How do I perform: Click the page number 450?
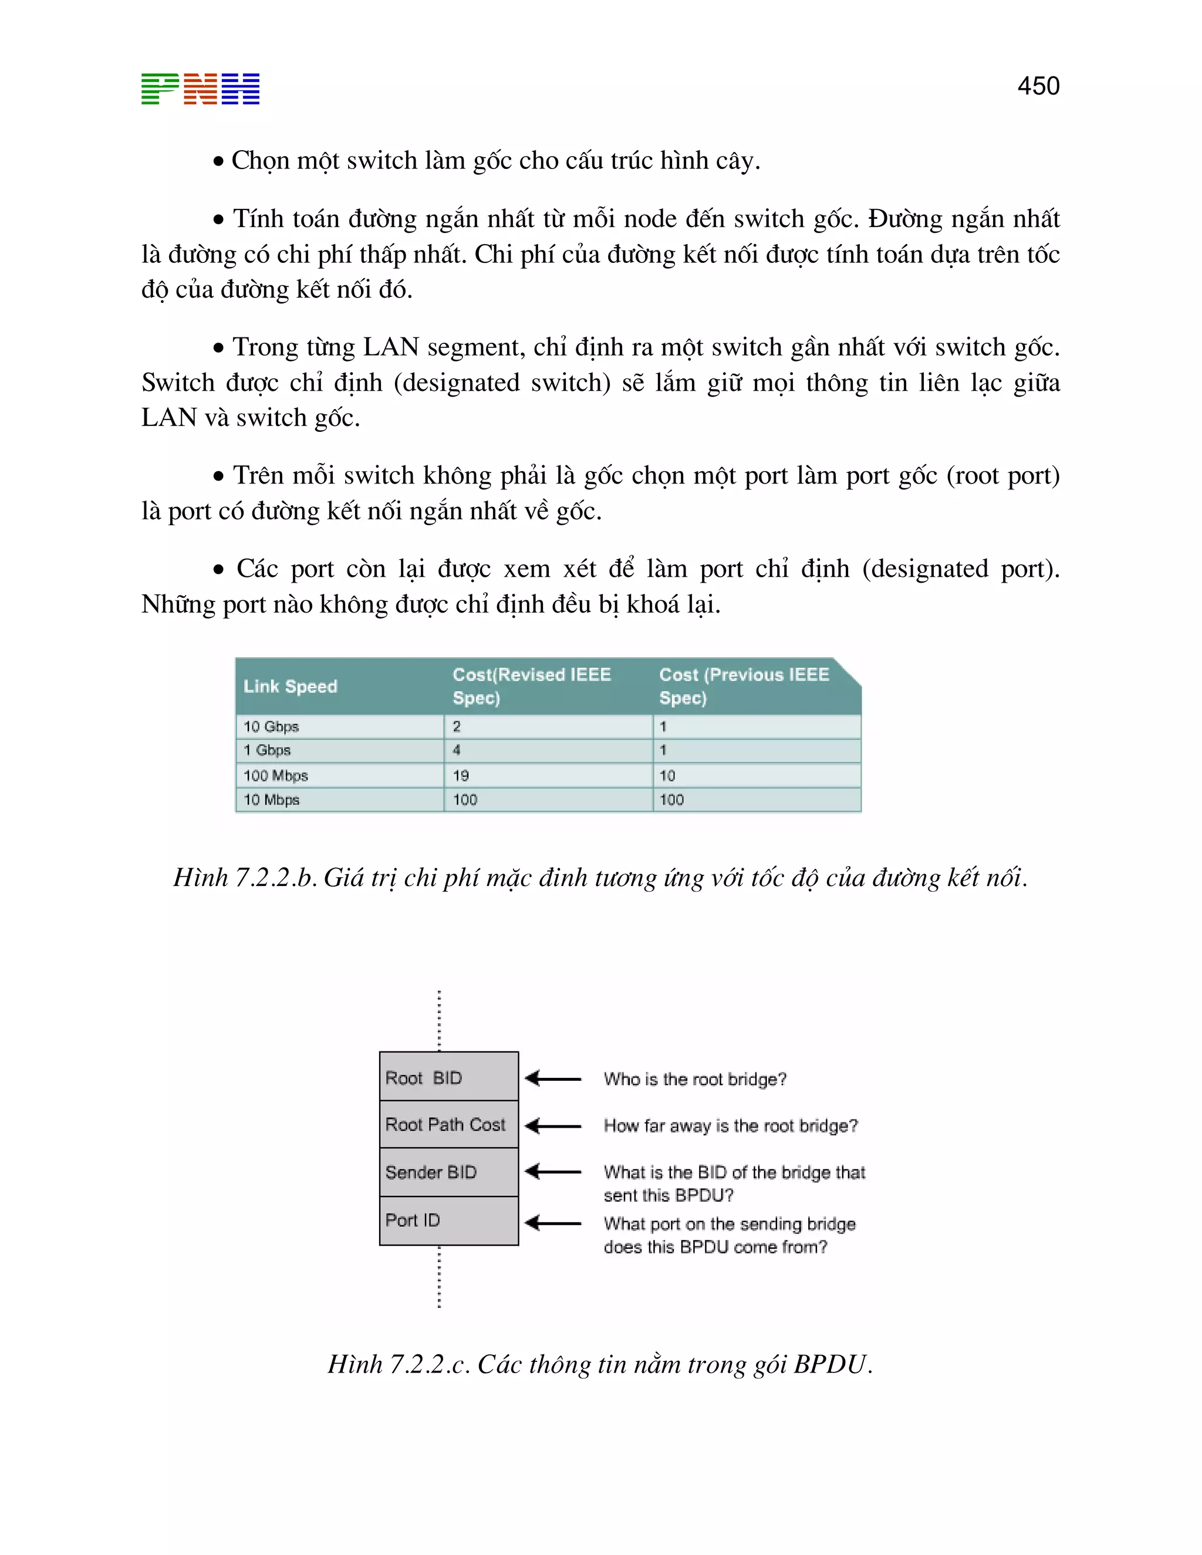1038,86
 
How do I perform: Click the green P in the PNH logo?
160,89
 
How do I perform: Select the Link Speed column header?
290,687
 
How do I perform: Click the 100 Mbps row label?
276,775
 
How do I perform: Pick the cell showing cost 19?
461,775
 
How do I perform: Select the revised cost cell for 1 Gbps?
457,750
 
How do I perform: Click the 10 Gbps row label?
271,726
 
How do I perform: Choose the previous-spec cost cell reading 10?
667,775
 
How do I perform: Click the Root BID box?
448,1077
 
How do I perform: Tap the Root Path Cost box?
448,1124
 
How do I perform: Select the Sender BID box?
448,1172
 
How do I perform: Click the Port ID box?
448,1221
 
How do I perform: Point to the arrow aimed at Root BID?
553,1078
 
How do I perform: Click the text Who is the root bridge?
695,1079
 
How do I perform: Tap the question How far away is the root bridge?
731,1125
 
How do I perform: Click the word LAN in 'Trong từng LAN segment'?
390,347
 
